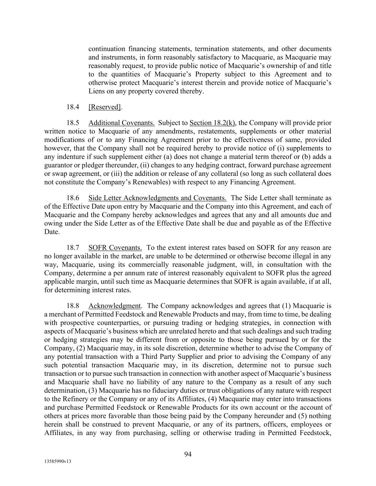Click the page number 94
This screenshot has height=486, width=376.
click(188, 454)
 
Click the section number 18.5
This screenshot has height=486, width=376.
click(73, 123)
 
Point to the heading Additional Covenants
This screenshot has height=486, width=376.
click(121, 123)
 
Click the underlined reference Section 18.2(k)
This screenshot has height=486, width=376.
click(212, 123)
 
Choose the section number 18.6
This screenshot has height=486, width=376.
click(73, 198)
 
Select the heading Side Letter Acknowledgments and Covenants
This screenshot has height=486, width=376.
click(157, 198)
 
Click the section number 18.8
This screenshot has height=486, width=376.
click(73, 306)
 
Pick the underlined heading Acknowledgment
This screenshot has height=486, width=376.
click(114, 306)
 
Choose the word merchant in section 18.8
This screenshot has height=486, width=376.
click(63, 314)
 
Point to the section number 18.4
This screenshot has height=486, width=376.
click(73, 107)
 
